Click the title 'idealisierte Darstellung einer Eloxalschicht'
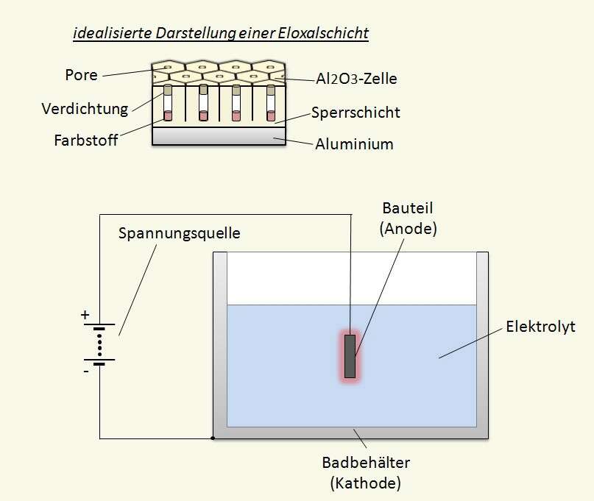tap(221, 34)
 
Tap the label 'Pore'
tap(81, 75)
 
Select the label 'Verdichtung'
tap(85, 109)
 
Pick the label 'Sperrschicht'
tap(356, 113)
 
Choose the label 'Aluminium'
tap(354, 143)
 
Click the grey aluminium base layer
tap(219, 135)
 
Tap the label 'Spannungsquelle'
tap(180, 233)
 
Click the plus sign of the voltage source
tap(85, 315)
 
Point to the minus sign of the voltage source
tap(85, 372)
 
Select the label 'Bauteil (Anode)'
tap(409, 218)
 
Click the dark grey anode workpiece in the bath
tap(350, 356)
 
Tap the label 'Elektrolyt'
tap(541, 326)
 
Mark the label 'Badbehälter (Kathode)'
tap(365, 472)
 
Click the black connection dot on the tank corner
tap(213, 438)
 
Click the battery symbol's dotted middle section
tap(99, 343)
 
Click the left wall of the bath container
tap(219, 338)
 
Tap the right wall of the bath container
tap(483, 338)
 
